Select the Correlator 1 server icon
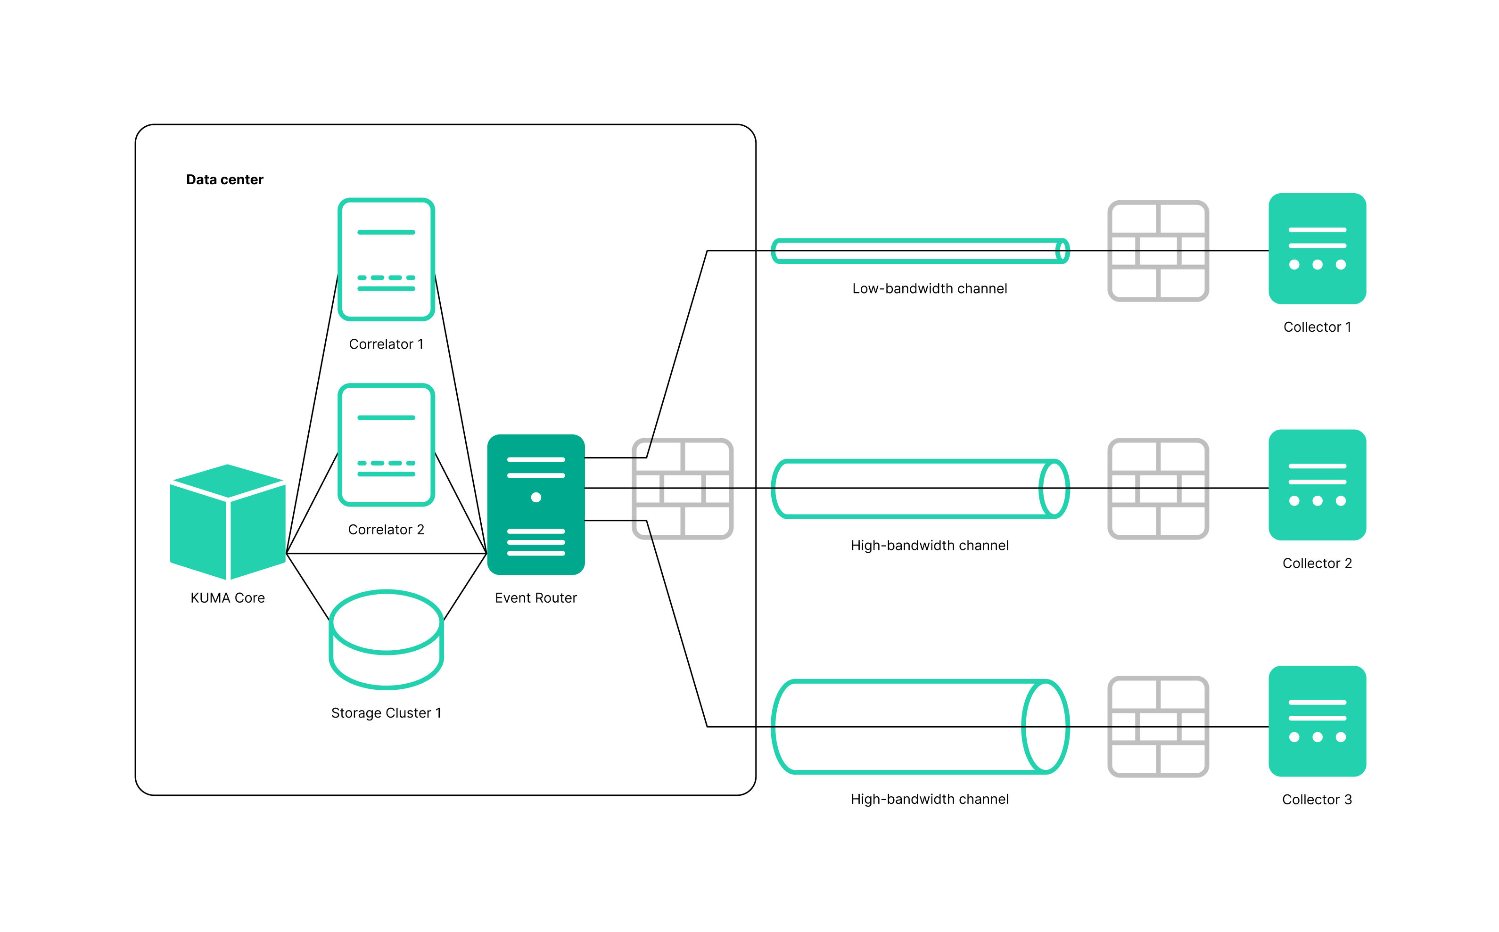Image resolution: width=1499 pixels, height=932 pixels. pos(386,259)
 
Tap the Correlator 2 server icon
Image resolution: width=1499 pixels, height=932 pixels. pos(386,444)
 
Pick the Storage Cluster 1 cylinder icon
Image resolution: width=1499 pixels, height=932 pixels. pos(386,639)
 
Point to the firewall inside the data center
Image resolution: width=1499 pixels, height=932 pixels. pos(682,488)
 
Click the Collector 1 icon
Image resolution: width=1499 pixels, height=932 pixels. pos(1317,248)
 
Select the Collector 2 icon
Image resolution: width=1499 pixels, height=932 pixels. pos(1317,484)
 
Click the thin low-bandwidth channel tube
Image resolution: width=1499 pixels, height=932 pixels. pos(919,251)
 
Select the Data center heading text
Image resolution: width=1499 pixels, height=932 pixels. pos(224,180)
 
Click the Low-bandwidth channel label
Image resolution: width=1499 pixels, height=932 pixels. pos(929,288)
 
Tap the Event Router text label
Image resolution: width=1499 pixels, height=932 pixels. pos(535,598)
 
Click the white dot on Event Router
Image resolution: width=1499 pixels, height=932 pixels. pos(536,497)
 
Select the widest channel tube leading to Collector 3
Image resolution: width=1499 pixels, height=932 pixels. pos(919,727)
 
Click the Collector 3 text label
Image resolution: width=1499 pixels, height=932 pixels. pos(1317,800)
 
